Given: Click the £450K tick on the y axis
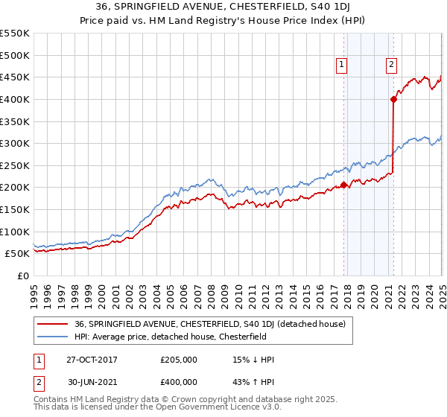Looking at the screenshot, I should [15, 77].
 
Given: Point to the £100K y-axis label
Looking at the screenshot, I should [15, 232].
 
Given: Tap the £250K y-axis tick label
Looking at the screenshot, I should [15, 165].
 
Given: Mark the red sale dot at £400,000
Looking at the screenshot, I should [393, 99].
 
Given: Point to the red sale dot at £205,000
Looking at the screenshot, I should [343, 185].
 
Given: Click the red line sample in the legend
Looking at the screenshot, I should [52, 325].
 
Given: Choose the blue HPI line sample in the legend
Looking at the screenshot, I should [52, 337].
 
